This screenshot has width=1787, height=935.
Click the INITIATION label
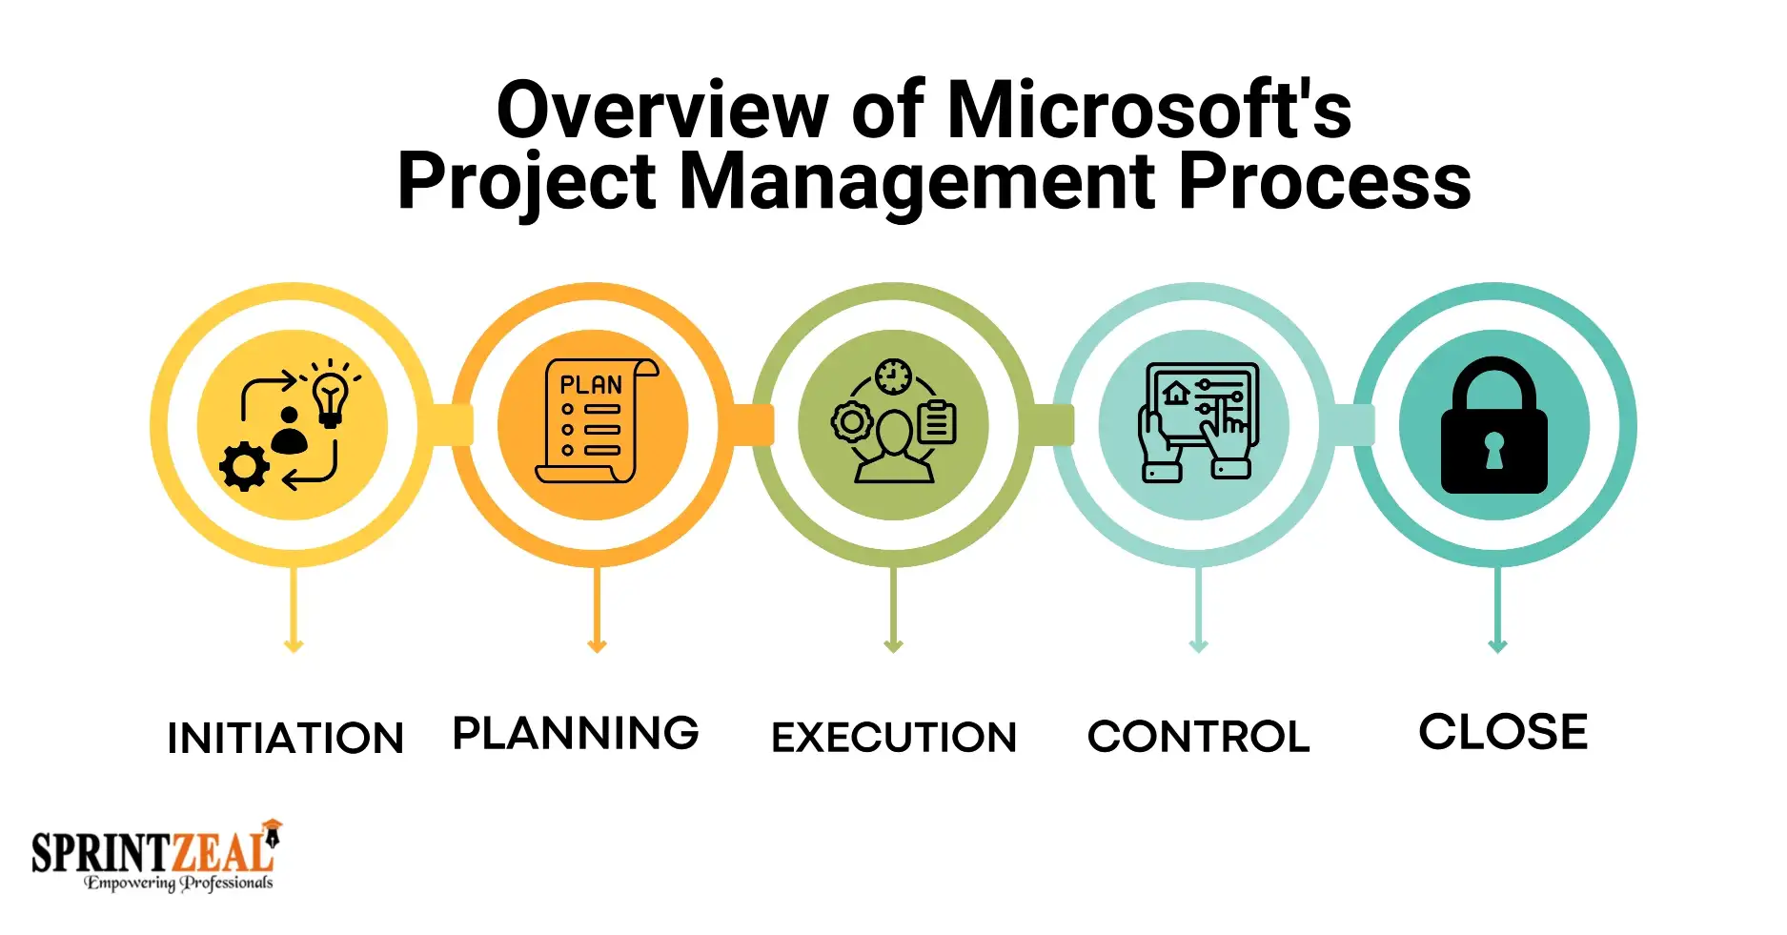(286, 738)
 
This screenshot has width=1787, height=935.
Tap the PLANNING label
(576, 733)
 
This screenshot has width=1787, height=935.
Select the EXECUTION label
(894, 737)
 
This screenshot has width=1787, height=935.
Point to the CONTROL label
(1199, 736)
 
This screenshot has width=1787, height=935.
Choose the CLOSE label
(1503, 732)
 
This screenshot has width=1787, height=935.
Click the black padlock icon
(1493, 425)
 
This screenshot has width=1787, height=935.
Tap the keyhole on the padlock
(1493, 450)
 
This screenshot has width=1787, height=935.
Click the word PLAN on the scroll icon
(591, 385)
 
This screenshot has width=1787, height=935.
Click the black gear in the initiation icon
(244, 467)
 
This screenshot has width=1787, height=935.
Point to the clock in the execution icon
(893, 376)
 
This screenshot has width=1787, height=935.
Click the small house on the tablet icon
(1177, 392)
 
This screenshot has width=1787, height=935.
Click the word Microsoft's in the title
(1149, 110)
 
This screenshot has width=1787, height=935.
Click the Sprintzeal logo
(156, 855)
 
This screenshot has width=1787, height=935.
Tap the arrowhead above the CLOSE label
(1497, 646)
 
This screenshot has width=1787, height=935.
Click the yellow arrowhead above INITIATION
(294, 646)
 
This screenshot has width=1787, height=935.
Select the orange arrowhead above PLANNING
(597, 646)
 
